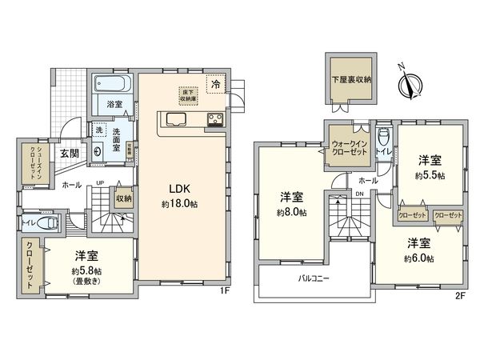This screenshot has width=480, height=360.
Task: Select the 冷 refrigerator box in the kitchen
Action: point(215,82)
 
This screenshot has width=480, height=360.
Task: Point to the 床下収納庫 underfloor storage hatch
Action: point(187,94)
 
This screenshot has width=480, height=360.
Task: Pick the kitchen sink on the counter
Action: point(175,121)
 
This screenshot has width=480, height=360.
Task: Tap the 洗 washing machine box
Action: point(98,130)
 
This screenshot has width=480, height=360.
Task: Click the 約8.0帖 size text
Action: point(291,212)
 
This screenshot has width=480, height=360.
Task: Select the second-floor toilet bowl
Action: point(382,137)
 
